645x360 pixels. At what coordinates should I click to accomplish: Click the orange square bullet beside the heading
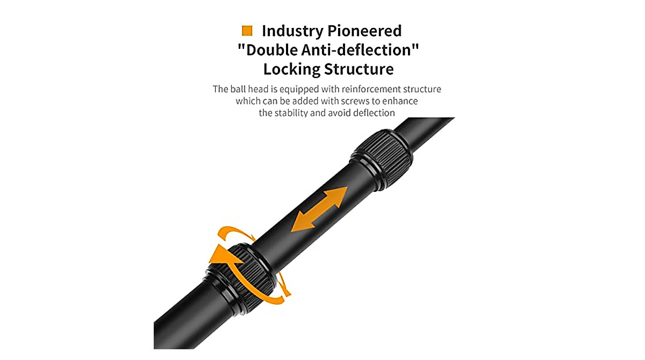247,31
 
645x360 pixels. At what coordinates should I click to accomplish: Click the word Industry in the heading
292,31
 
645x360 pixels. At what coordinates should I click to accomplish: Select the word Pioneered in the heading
364,31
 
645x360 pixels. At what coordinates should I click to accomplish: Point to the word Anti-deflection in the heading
360,50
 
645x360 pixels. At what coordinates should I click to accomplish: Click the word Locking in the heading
292,70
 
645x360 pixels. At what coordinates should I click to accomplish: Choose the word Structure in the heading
359,69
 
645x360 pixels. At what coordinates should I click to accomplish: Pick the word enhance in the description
402,102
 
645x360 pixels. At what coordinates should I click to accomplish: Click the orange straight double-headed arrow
319,209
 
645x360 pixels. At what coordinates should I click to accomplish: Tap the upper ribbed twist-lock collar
382,159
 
